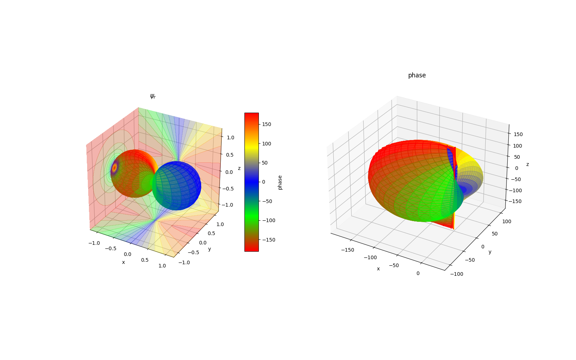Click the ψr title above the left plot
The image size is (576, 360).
(x=153, y=96)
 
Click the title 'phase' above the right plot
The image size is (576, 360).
(x=417, y=75)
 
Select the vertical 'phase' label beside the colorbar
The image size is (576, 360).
(x=280, y=182)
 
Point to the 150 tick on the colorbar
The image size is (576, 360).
(x=266, y=124)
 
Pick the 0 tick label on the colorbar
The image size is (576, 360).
(x=264, y=182)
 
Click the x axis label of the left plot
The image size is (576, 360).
(x=123, y=262)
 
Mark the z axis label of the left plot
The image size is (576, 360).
(x=239, y=168)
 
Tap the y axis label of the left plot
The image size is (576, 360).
(x=210, y=249)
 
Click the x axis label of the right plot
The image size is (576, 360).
(x=378, y=269)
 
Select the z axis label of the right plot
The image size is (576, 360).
(x=527, y=164)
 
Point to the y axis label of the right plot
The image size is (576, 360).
(x=490, y=252)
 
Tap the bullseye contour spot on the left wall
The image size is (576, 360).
(x=115, y=168)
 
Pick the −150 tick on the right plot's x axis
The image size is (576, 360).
(x=348, y=250)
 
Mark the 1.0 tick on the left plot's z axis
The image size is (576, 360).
(x=230, y=138)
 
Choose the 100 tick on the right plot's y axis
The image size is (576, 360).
(x=507, y=221)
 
